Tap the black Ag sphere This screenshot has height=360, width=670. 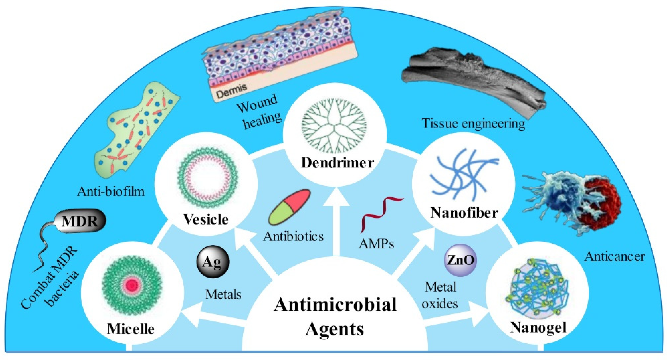click(213, 262)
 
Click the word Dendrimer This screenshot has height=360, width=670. click(337, 163)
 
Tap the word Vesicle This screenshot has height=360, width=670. click(206, 219)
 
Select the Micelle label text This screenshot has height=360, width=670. click(131, 329)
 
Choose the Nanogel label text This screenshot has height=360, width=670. click(538, 328)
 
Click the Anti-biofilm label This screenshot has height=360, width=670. click(111, 192)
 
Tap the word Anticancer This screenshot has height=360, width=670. click(614, 257)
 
